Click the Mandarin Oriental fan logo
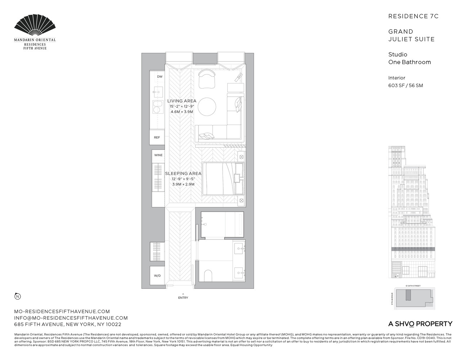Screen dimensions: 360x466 (x=35, y=26)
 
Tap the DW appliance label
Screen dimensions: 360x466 (x=160, y=77)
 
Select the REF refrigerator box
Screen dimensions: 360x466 (x=157, y=138)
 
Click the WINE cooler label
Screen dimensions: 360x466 (x=158, y=155)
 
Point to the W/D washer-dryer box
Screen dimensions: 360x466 (x=157, y=276)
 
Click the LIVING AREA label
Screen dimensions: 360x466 (x=182, y=101)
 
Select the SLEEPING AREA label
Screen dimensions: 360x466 (x=183, y=174)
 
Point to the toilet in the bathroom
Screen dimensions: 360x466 (x=209, y=275)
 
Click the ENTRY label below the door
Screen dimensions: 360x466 (x=183, y=298)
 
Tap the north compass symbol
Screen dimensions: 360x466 (x=17, y=296)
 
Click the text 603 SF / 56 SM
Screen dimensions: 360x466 (x=405, y=86)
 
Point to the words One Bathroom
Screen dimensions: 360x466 (x=409, y=62)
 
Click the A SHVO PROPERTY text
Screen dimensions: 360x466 (x=420, y=324)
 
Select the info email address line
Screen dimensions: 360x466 (x=71, y=318)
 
